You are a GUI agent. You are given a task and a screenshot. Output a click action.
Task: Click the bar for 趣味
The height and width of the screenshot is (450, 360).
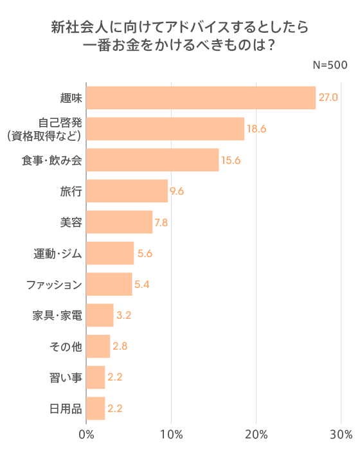pos(201,98)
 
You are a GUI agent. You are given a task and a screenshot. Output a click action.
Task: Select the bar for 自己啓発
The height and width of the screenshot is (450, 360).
pos(165,129)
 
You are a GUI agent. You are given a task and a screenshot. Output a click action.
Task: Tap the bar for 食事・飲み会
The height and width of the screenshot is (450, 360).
pos(152,160)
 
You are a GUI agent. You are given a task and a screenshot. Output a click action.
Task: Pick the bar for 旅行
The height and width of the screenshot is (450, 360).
pos(127,191)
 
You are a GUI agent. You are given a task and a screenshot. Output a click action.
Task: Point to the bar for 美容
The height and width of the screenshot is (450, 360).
pos(119,222)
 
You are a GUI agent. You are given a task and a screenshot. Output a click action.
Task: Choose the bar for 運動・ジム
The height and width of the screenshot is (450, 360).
pos(110,253)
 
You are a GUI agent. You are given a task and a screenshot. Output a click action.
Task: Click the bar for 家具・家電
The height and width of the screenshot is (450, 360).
pos(100,315)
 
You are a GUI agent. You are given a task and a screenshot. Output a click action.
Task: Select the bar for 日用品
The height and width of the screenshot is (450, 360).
pos(95,408)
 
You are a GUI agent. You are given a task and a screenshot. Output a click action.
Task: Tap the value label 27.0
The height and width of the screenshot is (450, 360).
pos(328,98)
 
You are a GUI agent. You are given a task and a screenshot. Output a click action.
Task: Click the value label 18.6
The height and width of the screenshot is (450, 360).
pos(256,129)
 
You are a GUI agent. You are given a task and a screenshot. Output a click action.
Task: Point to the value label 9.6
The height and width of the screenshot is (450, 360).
pos(177,191)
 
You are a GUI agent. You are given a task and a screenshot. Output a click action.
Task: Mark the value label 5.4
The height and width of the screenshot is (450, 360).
pos(141,284)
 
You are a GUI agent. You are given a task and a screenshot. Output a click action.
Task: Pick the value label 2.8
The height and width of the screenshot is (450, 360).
pos(120,346)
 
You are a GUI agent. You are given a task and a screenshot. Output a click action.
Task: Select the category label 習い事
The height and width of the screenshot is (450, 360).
pos(66,377)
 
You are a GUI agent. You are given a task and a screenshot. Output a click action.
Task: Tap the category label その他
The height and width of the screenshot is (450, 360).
pos(66,346)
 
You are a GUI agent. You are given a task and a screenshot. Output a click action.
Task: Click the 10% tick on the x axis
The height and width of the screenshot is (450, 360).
pos(171,434)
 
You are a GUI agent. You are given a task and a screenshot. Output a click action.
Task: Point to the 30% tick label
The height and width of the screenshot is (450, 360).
pos(341,434)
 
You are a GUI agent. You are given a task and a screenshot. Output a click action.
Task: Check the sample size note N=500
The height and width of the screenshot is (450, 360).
pos(330,65)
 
